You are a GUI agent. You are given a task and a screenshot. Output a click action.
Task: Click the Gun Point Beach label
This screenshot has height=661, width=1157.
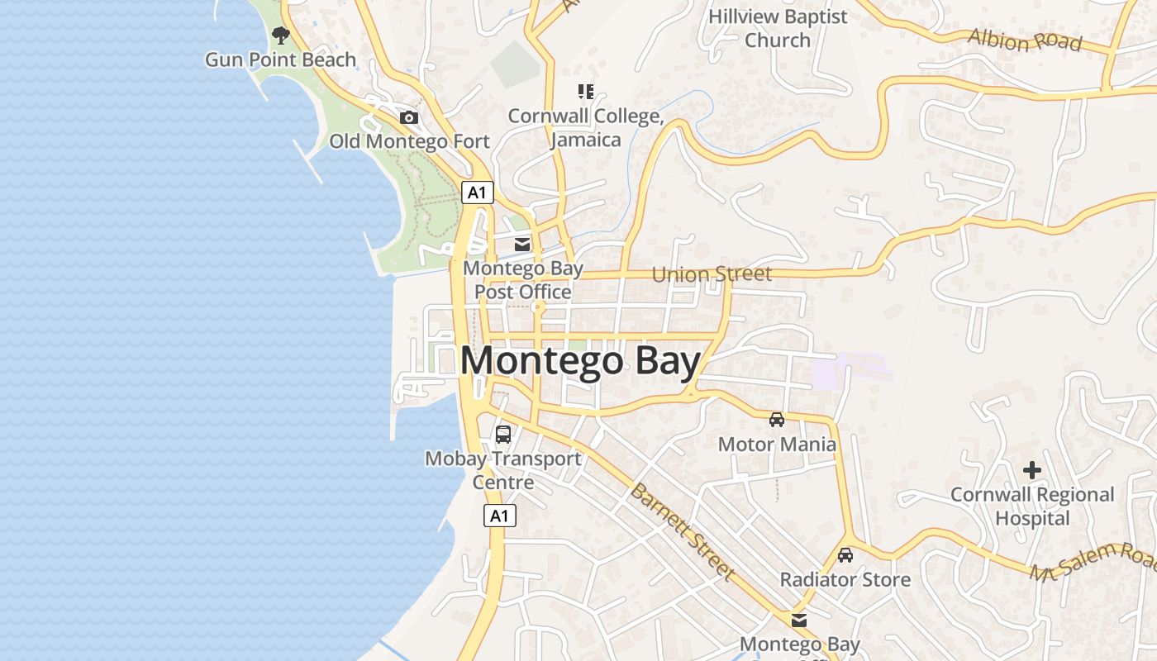(280, 59)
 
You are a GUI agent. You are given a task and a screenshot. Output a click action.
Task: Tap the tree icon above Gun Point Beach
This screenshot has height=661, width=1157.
(281, 35)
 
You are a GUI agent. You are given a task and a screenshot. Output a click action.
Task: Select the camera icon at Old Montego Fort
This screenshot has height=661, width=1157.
(409, 117)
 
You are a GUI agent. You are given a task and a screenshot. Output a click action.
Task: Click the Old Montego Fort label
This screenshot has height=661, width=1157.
(409, 141)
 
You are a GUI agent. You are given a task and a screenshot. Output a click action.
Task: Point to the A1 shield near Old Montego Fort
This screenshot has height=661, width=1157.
(477, 193)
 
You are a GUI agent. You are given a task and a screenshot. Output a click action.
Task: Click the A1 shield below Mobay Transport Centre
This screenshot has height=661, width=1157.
(499, 516)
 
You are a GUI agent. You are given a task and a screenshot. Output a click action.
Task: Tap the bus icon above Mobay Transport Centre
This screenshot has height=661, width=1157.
(502, 434)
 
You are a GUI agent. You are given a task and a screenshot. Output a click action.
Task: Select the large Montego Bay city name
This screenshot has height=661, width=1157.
(580, 362)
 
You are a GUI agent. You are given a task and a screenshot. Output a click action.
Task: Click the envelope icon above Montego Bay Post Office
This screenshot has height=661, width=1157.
(522, 245)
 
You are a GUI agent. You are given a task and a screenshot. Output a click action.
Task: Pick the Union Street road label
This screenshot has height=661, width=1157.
(712, 273)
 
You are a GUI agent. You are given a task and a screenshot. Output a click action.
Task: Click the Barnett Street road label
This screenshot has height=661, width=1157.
(682, 531)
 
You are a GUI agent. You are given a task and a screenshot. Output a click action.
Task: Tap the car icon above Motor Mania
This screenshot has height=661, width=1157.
(777, 420)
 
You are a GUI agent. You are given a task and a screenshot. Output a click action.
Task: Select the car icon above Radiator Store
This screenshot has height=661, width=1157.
(845, 555)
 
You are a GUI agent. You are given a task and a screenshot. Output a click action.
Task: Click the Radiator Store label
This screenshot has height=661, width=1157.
(845, 579)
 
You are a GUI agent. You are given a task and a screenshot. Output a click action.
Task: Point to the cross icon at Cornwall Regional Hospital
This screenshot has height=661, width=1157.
(1032, 470)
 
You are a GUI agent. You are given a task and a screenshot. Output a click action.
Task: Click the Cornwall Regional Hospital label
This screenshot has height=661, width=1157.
(1032, 506)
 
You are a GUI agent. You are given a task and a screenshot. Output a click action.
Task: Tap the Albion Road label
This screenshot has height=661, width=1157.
(1024, 39)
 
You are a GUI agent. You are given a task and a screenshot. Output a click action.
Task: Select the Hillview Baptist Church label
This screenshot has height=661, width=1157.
(778, 28)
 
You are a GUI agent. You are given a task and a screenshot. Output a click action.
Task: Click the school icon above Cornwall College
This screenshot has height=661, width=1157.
(586, 92)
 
